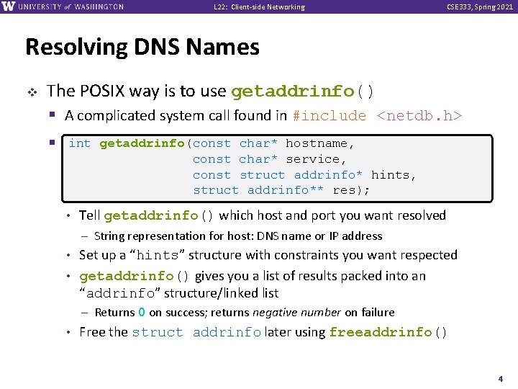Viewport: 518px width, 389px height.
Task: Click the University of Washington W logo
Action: click(x=9, y=6)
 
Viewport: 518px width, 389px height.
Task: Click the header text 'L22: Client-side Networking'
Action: click(x=260, y=7)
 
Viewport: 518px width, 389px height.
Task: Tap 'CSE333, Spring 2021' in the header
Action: click(x=481, y=7)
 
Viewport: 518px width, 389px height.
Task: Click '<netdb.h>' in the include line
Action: click(x=419, y=115)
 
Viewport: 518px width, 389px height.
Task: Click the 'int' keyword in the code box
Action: click(x=80, y=143)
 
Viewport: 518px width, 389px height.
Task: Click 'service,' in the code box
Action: click(x=317, y=159)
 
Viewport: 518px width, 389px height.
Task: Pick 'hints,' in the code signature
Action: click(x=394, y=175)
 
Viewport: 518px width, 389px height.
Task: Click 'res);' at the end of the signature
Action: click(x=352, y=191)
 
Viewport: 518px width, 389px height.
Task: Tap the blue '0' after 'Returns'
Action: click(x=142, y=312)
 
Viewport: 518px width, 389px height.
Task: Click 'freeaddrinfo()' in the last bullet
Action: click(x=388, y=332)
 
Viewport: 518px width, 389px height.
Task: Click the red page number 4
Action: click(x=500, y=378)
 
